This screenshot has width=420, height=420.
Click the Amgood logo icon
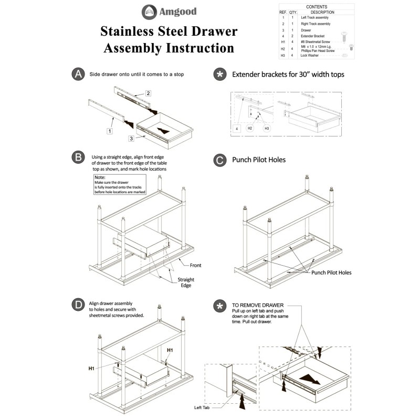[149, 11]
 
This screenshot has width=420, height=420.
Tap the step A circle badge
[78, 75]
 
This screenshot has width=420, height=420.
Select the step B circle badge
[78, 157]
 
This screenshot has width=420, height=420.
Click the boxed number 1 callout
[109, 131]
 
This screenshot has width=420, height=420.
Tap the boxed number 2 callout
[149, 93]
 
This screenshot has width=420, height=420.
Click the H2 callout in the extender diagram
[250, 128]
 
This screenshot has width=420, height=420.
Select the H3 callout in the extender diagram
[267, 128]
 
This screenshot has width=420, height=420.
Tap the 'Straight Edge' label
[186, 282]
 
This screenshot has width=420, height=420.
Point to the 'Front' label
[195, 265]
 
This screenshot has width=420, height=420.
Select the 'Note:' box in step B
[118, 185]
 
